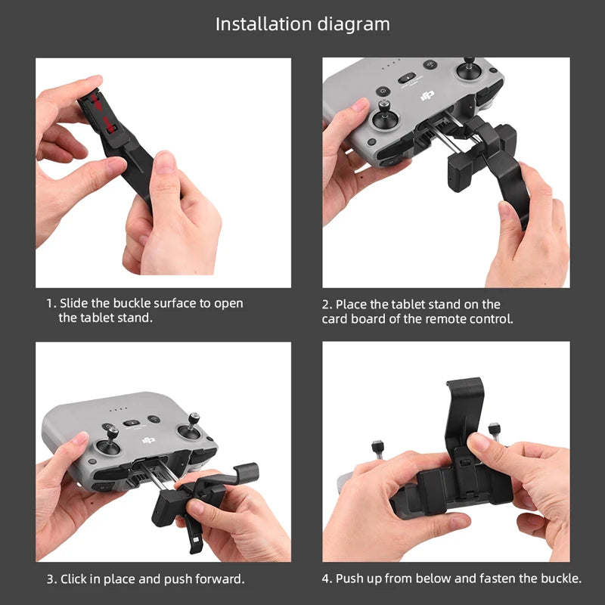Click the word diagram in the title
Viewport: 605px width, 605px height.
pyautogui.click(x=352, y=24)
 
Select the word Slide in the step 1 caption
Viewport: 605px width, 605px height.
pyautogui.click(x=74, y=302)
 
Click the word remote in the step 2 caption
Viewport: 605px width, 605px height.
pyautogui.click(x=446, y=318)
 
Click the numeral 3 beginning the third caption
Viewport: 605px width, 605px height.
pyautogui.click(x=50, y=579)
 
